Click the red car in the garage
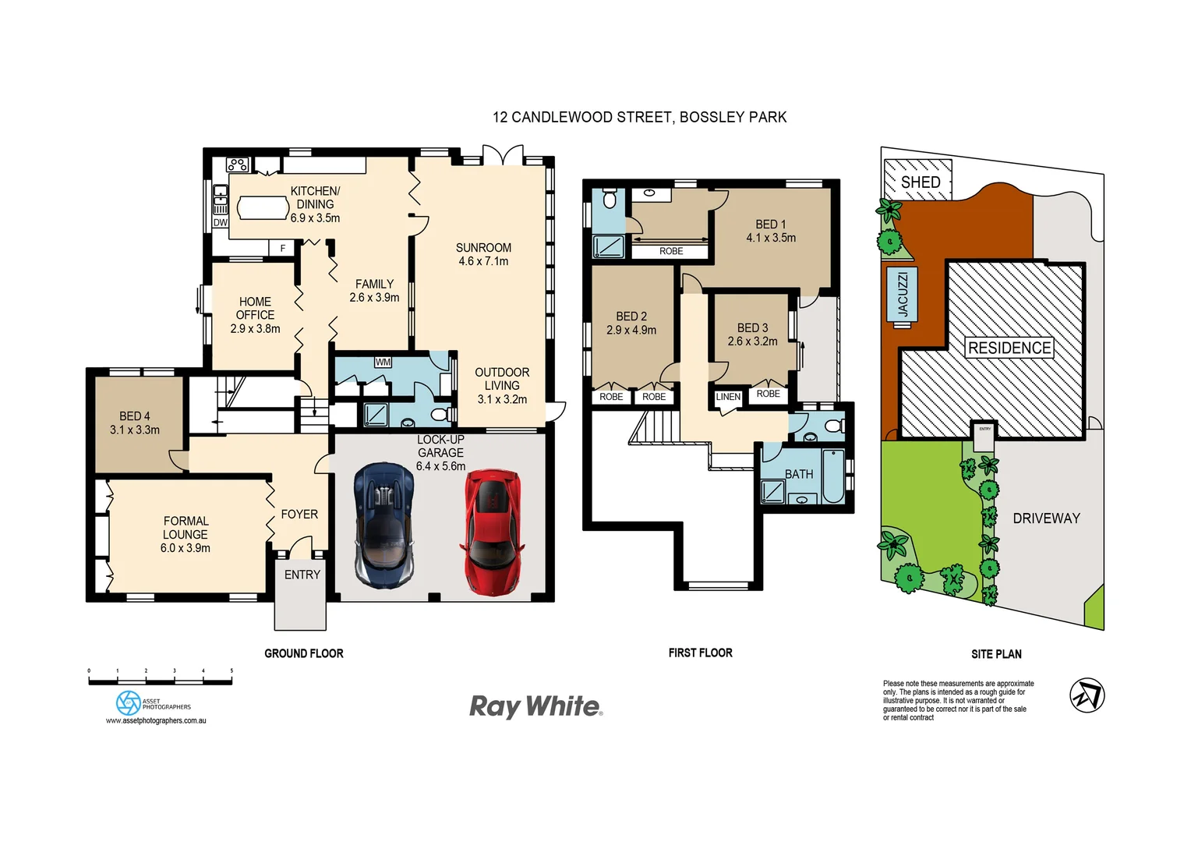pyautogui.click(x=492, y=532)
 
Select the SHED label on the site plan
pyautogui.click(x=920, y=182)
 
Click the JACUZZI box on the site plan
pyautogui.click(x=903, y=294)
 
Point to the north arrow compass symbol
pyautogui.click(x=1087, y=695)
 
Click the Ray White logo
pyautogui.click(x=535, y=706)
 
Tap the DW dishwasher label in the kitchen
pyautogui.click(x=221, y=222)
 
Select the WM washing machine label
pyautogui.click(x=383, y=362)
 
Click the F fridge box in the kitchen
pyautogui.click(x=283, y=248)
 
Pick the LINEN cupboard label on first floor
pyautogui.click(x=728, y=397)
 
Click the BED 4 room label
pyautogui.click(x=135, y=416)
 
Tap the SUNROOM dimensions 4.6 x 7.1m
pyautogui.click(x=483, y=261)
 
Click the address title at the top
pyautogui.click(x=639, y=117)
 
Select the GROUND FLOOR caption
pyautogui.click(x=303, y=653)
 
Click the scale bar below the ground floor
pyautogui.click(x=160, y=681)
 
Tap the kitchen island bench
pyautogui.click(x=263, y=207)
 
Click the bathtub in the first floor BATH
pyautogui.click(x=832, y=476)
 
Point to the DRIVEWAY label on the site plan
pyautogui.click(x=1046, y=518)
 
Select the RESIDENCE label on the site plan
pyautogui.click(x=1009, y=348)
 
